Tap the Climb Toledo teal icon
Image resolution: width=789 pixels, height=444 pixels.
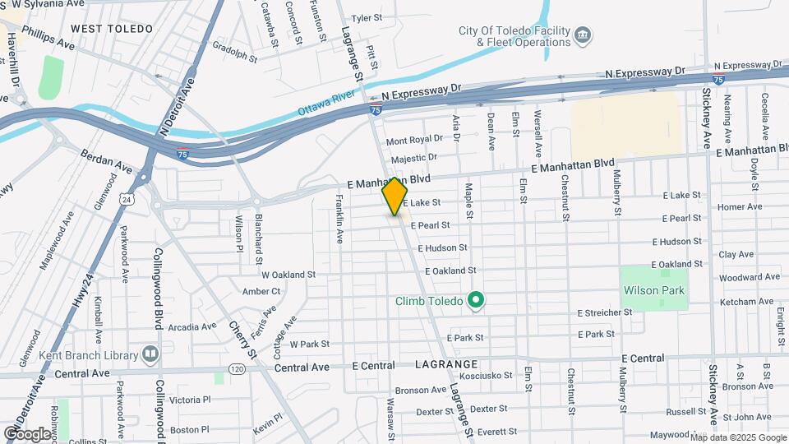pyautogui.click(x=475, y=300)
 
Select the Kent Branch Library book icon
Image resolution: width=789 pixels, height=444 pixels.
pyautogui.click(x=150, y=354)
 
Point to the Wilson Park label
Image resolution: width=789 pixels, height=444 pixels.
pyautogui.click(x=654, y=290)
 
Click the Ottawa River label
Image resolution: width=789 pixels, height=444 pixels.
pyautogui.click(x=325, y=108)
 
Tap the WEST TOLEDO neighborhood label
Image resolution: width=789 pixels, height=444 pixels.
pyautogui.click(x=112, y=29)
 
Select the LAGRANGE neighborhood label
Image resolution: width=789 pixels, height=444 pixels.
pyautogui.click(x=446, y=363)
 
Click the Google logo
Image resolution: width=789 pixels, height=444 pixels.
pyautogui.click(x=28, y=433)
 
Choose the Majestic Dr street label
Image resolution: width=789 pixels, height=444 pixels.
pyautogui.click(x=414, y=157)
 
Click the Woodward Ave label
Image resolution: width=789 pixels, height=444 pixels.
pyautogui.click(x=749, y=277)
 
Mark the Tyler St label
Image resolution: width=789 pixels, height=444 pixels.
pyautogui.click(x=367, y=17)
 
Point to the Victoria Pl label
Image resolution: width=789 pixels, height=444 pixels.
pyautogui.click(x=191, y=400)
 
